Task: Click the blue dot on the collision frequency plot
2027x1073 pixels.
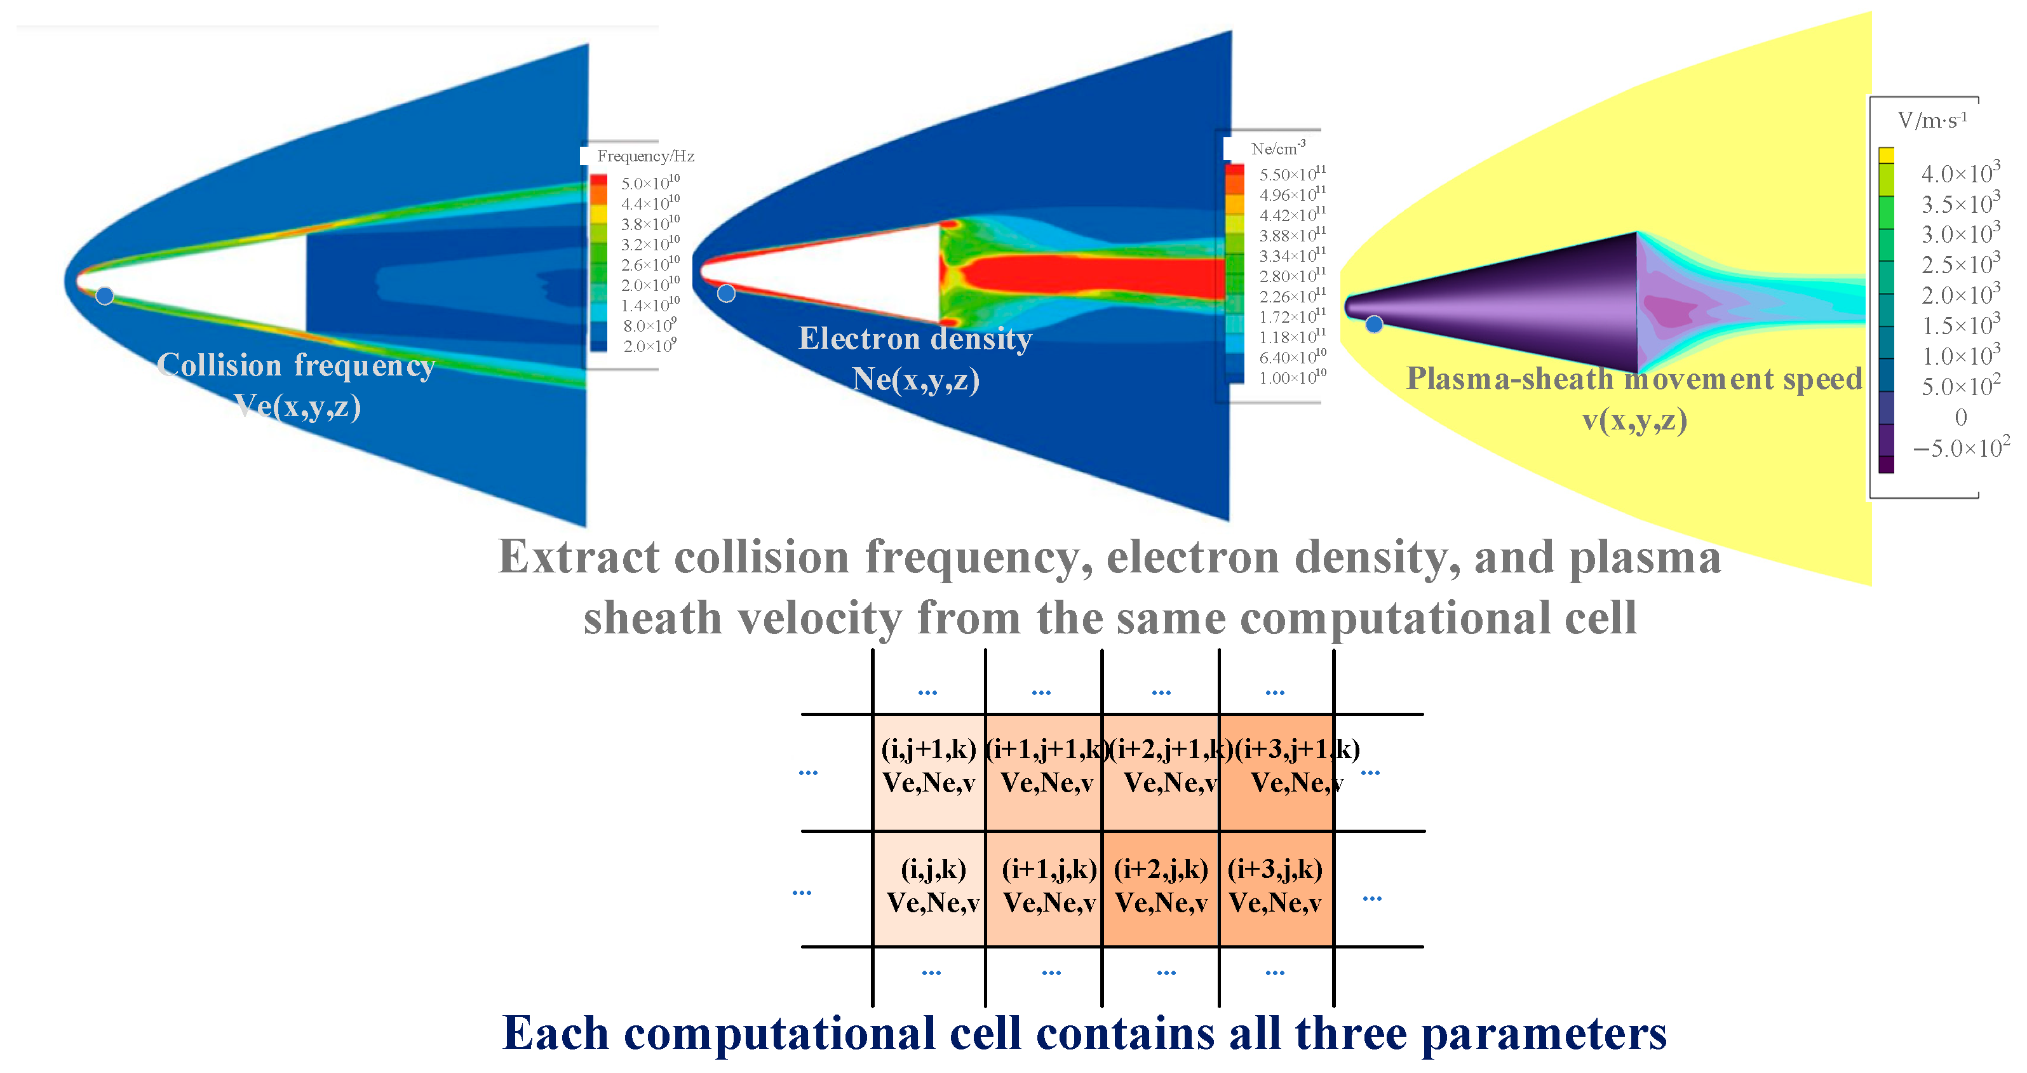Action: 105,296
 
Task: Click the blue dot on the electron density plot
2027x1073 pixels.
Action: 726,294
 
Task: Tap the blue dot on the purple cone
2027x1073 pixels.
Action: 1374,323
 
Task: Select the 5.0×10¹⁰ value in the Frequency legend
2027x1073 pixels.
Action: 650,182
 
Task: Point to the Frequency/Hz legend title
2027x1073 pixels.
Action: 645,156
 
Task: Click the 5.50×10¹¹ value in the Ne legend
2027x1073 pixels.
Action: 1292,173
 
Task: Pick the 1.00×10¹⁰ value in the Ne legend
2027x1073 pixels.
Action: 1292,377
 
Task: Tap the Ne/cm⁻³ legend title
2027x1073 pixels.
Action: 1279,148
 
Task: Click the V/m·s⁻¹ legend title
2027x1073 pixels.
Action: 1932,119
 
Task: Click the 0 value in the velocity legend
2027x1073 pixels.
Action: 1961,417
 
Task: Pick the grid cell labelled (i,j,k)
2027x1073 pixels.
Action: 929,889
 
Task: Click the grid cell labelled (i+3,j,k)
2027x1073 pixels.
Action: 1276,889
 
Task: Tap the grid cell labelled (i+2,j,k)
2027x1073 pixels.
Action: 1161,889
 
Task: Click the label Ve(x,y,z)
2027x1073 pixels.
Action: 297,406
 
